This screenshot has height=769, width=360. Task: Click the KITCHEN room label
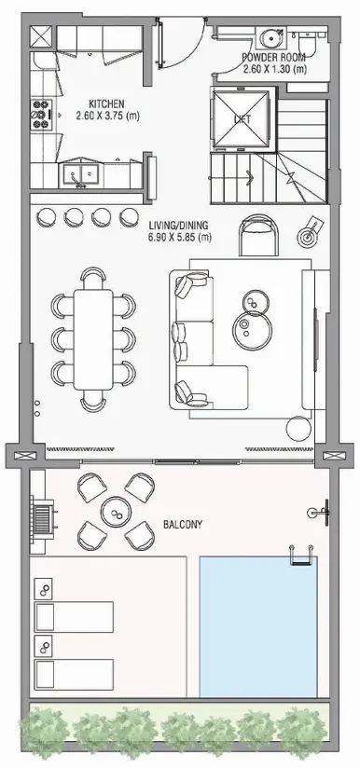[107, 103]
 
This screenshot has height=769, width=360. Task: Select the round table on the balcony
[116, 512]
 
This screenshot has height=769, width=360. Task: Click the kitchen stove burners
[42, 112]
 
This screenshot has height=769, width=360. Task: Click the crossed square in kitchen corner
[41, 38]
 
